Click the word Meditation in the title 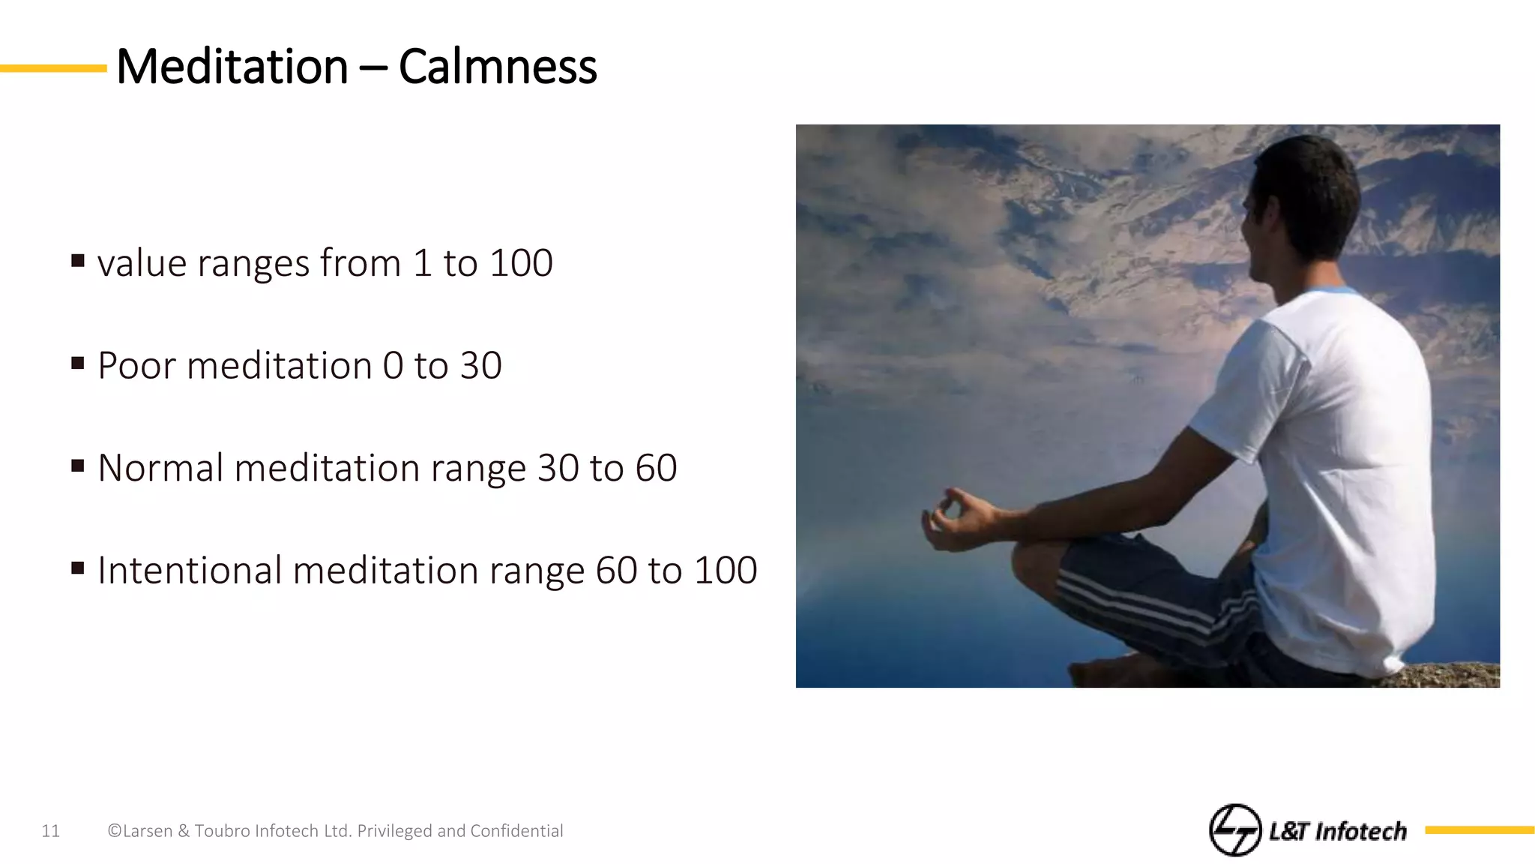[x=232, y=67]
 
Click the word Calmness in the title [x=498, y=67]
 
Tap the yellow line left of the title [x=52, y=68]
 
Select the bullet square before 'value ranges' [x=78, y=261]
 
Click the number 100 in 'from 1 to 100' [x=521, y=263]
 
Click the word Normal [x=160, y=468]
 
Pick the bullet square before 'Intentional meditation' [x=78, y=568]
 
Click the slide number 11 [x=50, y=831]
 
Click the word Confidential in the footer [x=516, y=831]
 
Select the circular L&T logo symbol [x=1234, y=829]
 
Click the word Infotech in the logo [x=1360, y=831]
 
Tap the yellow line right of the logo [x=1480, y=829]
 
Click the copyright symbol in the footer [x=115, y=831]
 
